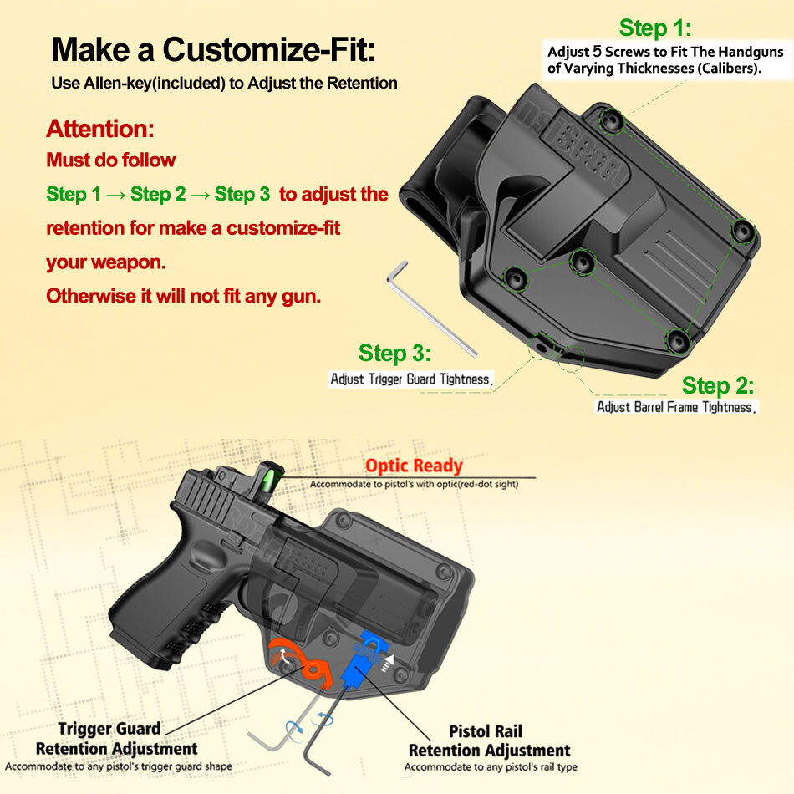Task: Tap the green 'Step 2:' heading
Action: pyautogui.click(x=717, y=385)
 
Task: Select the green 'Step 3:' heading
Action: pyautogui.click(x=394, y=353)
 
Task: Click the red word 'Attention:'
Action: pyautogui.click(x=100, y=130)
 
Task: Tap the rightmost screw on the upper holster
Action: pyautogui.click(x=742, y=232)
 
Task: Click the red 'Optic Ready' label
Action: pyautogui.click(x=413, y=466)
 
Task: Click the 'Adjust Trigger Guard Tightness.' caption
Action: pyautogui.click(x=411, y=379)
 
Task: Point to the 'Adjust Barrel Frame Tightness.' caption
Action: pyautogui.click(x=676, y=407)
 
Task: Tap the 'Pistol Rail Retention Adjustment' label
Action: pyautogui.click(x=489, y=741)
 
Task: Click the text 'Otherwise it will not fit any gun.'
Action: pyautogui.click(x=183, y=296)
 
